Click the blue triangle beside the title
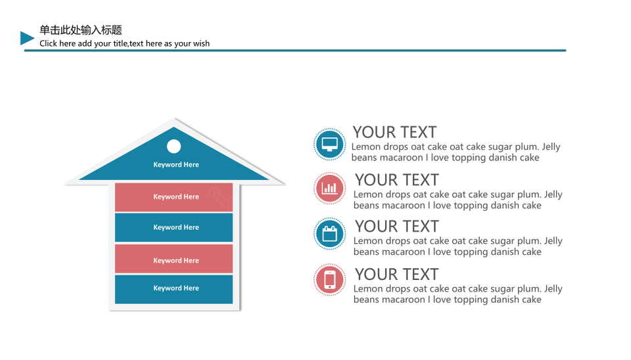tap(26, 38)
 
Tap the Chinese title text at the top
tap(80, 30)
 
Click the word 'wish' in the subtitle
tap(200, 43)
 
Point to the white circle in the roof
tap(174, 146)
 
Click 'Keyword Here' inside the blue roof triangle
tap(176, 164)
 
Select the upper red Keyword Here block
tap(174, 197)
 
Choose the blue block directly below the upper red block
tap(174, 227)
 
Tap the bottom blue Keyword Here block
tap(174, 289)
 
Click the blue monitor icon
tap(329, 145)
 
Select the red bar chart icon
tap(329, 189)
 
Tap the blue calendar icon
tap(329, 234)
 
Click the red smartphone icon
tap(329, 280)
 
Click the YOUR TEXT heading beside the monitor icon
tap(394, 132)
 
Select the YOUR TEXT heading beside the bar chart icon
tap(396, 180)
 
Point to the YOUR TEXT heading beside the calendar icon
tap(396, 227)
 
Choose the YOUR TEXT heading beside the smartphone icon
tap(396, 275)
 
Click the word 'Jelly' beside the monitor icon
tap(551, 147)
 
